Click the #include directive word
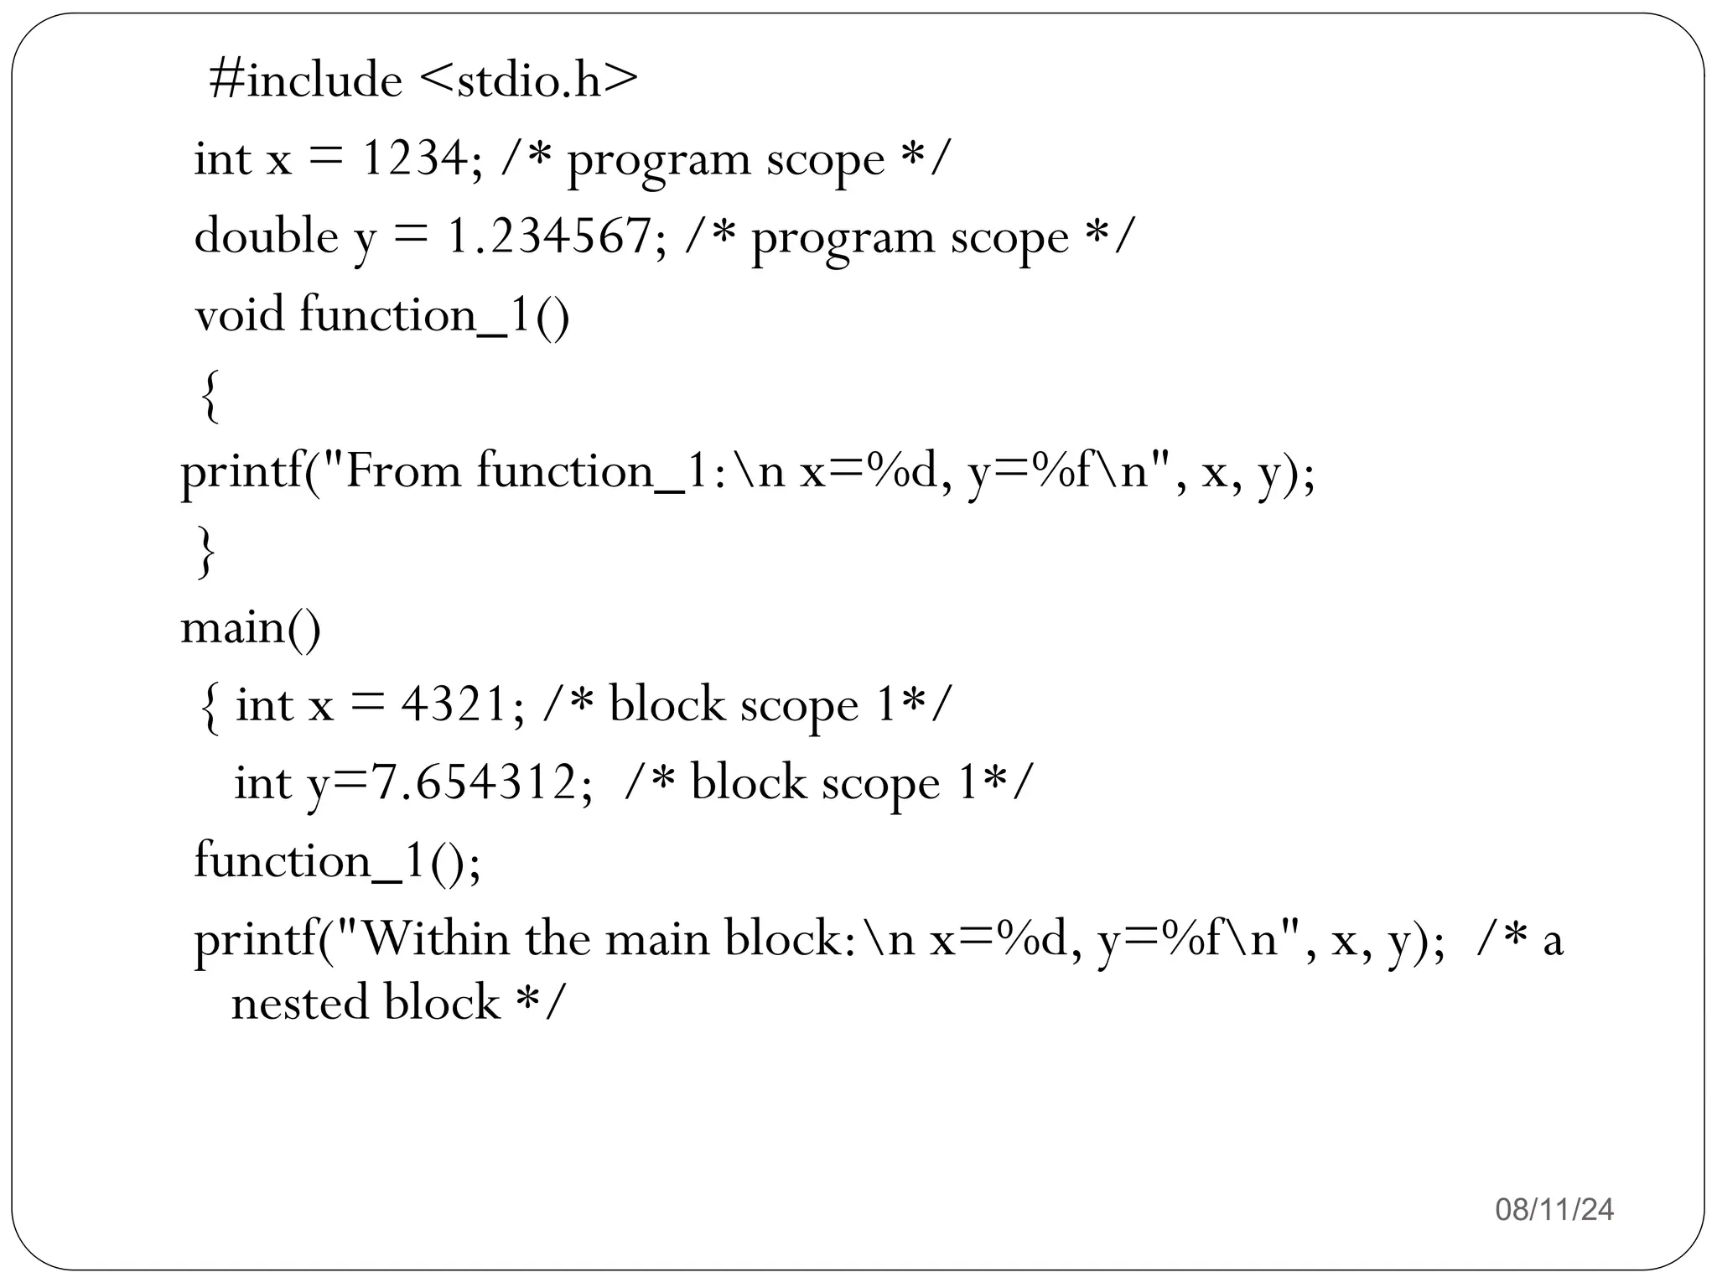tap(305, 81)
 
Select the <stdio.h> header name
tap(527, 81)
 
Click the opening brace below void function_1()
tap(210, 396)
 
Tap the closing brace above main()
tap(205, 551)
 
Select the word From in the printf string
tap(402, 470)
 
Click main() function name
tap(251, 626)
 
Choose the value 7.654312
tap(474, 782)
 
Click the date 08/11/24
tap(1554, 1209)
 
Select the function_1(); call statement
tap(337, 861)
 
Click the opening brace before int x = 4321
tap(210, 707)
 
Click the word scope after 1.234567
tap(1009, 238)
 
